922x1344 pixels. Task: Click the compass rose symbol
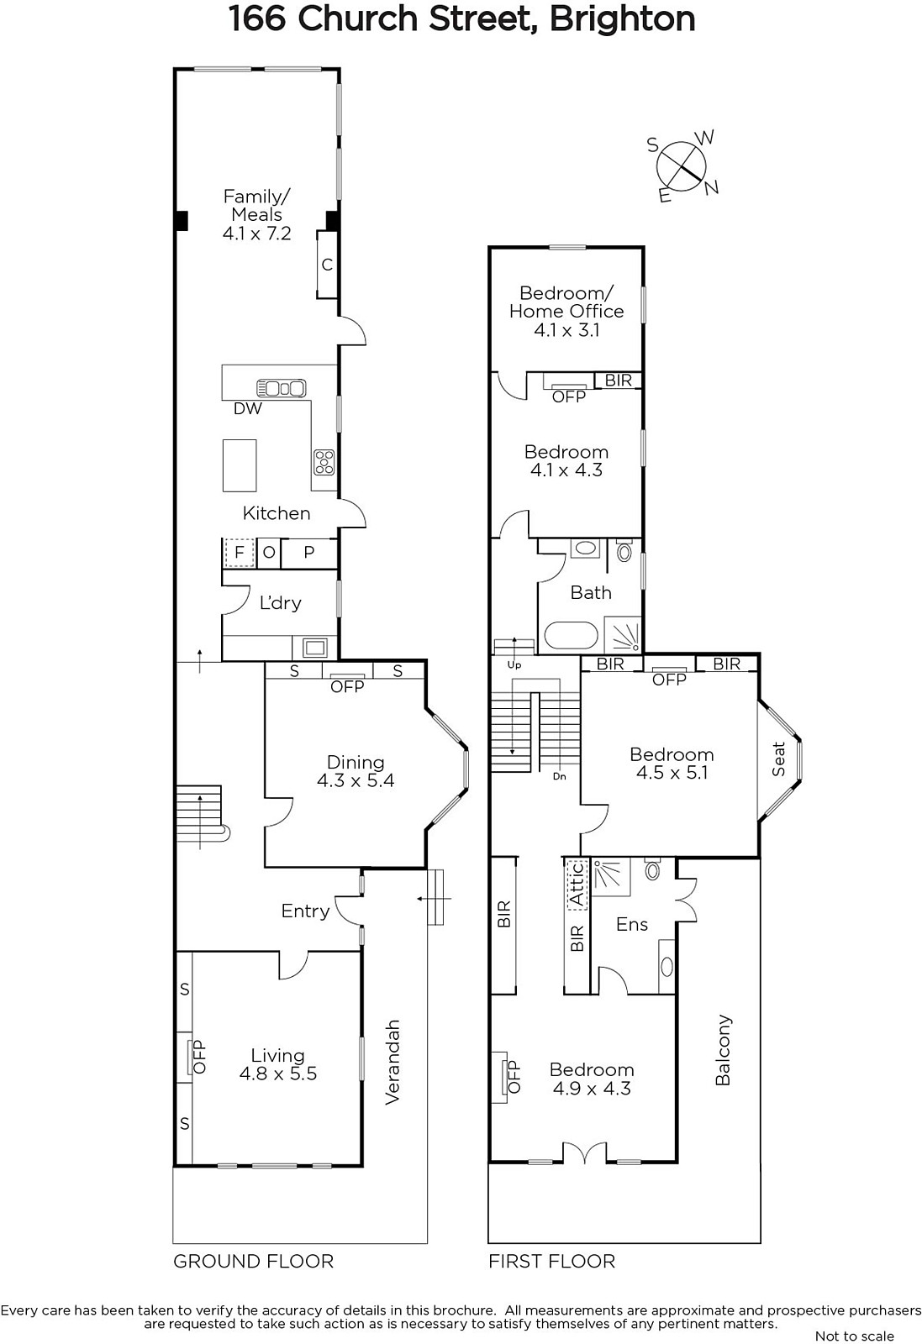coord(682,165)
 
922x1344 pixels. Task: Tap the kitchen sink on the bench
coord(281,388)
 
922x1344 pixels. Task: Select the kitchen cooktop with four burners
coord(324,462)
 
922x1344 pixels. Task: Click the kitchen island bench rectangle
coord(240,465)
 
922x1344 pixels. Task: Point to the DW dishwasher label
coord(248,408)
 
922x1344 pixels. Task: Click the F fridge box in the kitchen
coord(239,553)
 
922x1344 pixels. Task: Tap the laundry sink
coord(316,648)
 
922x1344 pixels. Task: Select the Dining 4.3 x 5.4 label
coord(356,771)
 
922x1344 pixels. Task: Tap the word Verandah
coord(392,1062)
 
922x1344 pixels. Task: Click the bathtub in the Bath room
coord(570,638)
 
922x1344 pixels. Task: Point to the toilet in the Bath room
coord(624,550)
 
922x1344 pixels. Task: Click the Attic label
coord(577,884)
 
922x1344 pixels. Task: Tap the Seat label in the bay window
coord(778,759)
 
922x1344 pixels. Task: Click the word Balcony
coord(724,1050)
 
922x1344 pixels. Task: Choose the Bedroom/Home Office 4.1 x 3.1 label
coord(566,311)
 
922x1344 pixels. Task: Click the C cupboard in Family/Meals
coord(327,265)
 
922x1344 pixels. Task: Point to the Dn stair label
coord(560,776)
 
